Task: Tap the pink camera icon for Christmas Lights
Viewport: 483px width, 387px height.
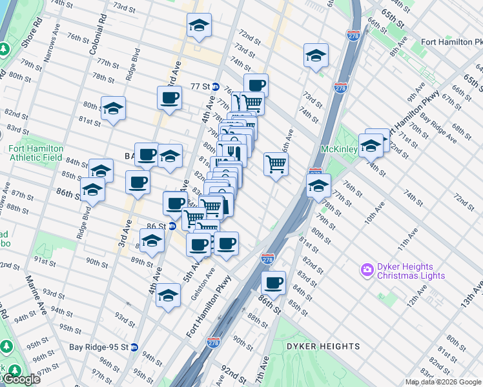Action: point(368,269)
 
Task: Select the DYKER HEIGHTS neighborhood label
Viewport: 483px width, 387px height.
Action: point(323,346)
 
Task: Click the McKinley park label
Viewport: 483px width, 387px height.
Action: point(340,150)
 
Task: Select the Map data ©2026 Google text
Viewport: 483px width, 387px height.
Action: point(443,382)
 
